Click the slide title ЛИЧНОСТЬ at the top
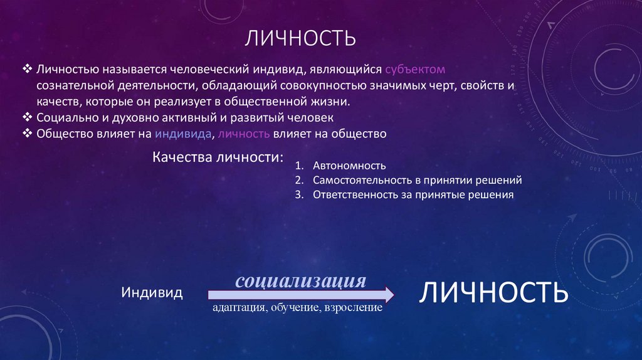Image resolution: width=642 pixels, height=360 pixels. coord(300,40)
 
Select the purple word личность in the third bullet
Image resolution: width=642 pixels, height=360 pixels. coord(244,134)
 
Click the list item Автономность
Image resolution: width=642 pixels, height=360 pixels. coord(349,166)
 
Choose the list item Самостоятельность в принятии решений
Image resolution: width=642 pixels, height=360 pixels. coord(417,181)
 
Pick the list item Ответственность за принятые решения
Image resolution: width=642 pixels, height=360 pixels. coord(413,195)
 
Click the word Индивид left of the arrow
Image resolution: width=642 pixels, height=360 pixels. coord(152,293)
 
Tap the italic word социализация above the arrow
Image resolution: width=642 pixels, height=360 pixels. coord(300,280)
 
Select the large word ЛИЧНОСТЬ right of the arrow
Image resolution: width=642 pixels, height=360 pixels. coord(493,293)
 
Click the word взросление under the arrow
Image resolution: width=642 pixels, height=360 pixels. coord(353,309)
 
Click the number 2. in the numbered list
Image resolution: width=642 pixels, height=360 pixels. coord(298,181)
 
